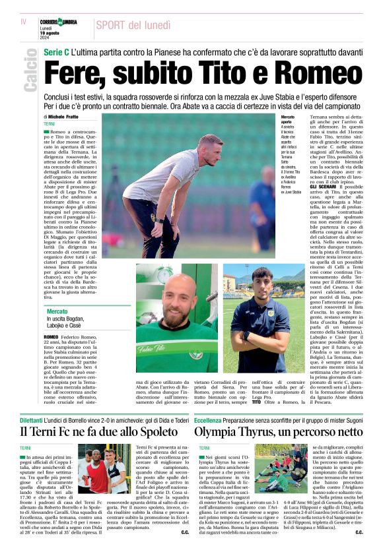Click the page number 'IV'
click(x=23, y=22)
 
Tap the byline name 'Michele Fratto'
click(x=66, y=117)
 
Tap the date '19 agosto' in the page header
click(x=50, y=33)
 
